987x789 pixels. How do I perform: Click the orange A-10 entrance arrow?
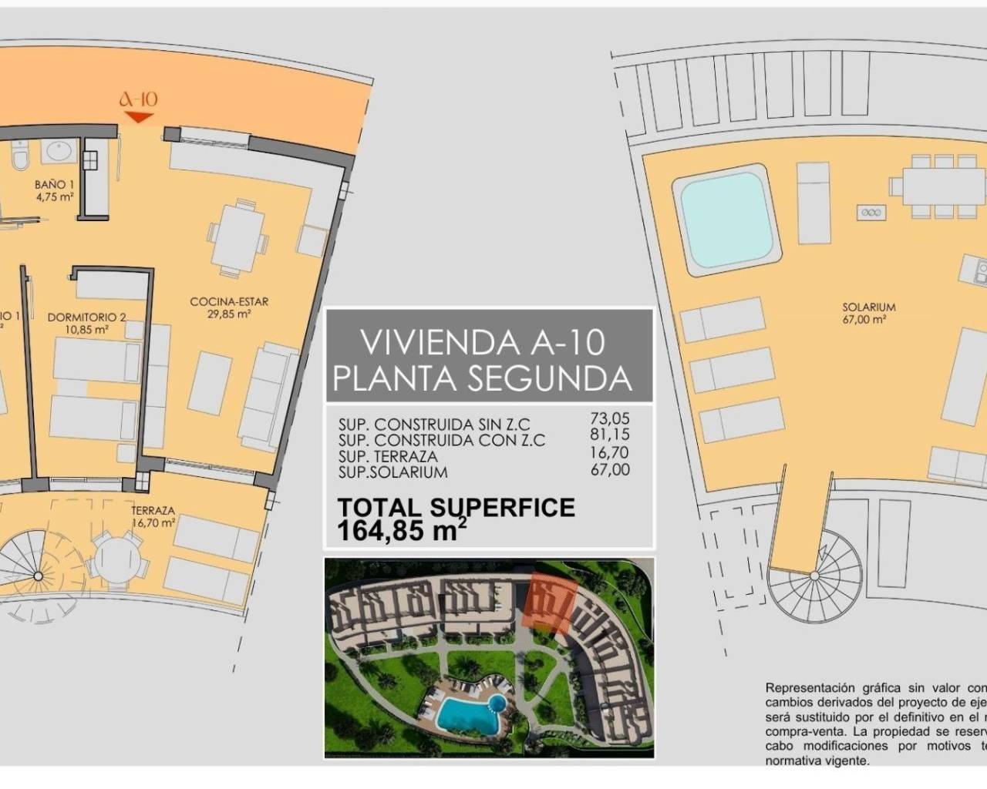(139, 117)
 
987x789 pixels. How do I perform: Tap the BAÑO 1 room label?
(54, 190)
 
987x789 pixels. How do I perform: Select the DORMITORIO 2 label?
(86, 322)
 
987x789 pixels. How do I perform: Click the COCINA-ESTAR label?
(229, 307)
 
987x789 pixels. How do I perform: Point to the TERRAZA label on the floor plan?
(153, 515)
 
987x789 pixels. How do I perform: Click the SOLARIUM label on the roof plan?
(868, 312)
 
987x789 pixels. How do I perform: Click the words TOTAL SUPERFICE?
(456, 508)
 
